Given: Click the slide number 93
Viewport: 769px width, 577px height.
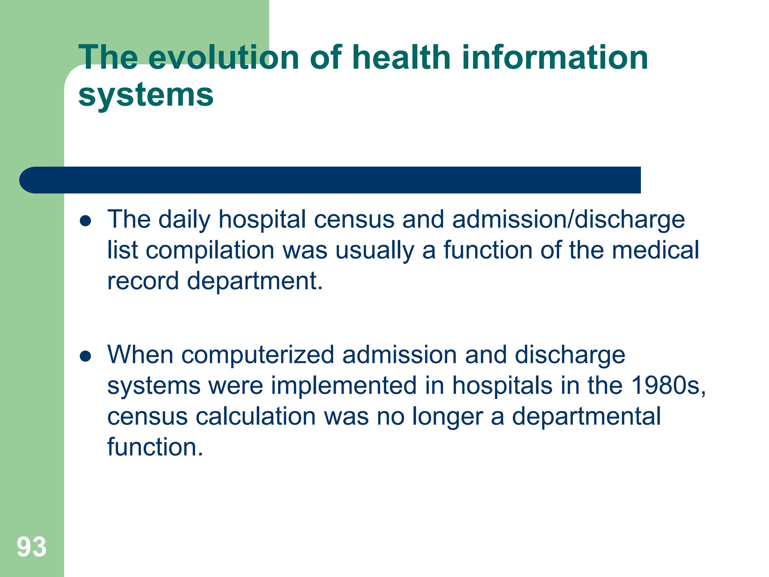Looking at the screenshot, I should pos(32,547).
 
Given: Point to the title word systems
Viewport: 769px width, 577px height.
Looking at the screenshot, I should pos(146,95).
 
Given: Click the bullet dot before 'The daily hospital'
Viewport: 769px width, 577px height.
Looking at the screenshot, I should pos(86,221).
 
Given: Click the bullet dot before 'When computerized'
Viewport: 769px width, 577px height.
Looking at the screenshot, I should pos(86,356).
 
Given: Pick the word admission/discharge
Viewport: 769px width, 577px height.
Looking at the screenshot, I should pos(568,219).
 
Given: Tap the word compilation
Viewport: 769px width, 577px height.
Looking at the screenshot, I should pos(210,250).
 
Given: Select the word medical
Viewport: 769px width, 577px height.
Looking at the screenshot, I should pos(655,250).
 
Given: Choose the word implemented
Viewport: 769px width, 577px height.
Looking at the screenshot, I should pos(344,385).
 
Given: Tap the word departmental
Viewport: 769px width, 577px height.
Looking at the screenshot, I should pos(586,416).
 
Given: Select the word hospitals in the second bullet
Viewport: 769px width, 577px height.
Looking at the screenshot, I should pos(502,386).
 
